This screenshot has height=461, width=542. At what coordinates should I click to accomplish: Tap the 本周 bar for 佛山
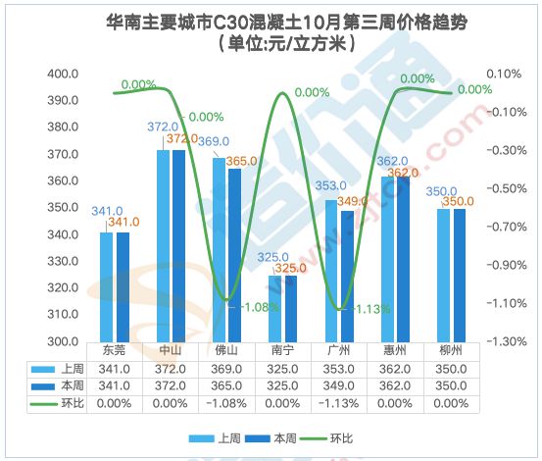click(235, 255)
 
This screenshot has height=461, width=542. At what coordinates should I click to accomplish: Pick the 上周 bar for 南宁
click(276, 309)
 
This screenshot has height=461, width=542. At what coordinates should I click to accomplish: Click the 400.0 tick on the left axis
click(63, 75)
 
